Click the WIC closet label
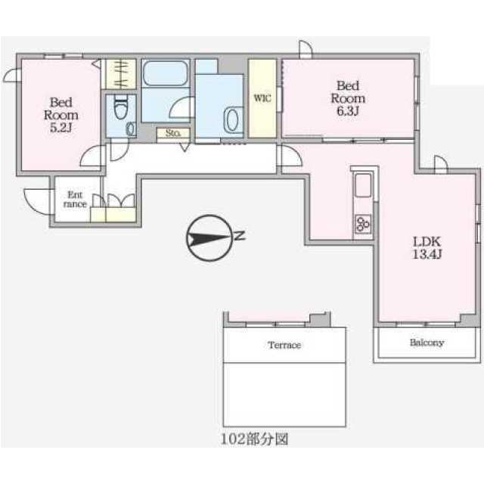tap(262, 98)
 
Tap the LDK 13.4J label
tap(427, 247)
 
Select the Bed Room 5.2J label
tap(60, 115)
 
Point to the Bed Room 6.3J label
tap(348, 98)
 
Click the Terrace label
tap(284, 345)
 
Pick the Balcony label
tap(427, 343)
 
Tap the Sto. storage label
tap(173, 133)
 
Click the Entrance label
tap(75, 200)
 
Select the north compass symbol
tap(209, 238)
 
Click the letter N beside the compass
tap(240, 236)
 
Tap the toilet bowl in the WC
tap(121, 107)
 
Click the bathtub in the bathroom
tap(166, 73)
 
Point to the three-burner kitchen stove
tap(363, 224)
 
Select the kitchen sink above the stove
tap(363, 185)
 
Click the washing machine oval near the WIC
tap(232, 120)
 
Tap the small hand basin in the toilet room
tap(131, 129)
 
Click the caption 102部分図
tap(254, 439)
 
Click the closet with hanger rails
tap(121, 74)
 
